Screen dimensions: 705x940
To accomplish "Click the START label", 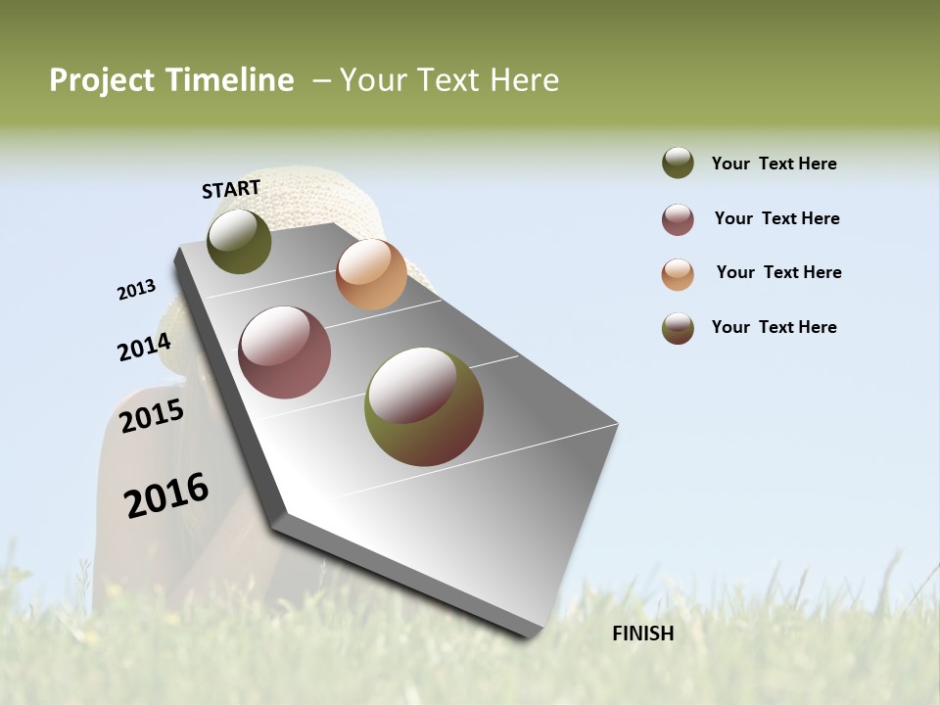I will click(231, 189).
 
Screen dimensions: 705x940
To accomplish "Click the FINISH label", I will click(642, 634).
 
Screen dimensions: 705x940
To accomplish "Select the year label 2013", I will click(136, 290).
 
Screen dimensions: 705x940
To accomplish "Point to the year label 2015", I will click(152, 416).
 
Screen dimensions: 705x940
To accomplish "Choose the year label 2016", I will click(166, 495).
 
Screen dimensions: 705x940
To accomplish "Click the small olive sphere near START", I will click(239, 241).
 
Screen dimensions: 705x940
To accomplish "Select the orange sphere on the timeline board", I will click(371, 274).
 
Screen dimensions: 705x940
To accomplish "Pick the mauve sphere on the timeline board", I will click(285, 352).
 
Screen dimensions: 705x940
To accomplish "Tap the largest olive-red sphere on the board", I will click(424, 406).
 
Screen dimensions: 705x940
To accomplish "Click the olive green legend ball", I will click(678, 164).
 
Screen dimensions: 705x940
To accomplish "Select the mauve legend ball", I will click(678, 219).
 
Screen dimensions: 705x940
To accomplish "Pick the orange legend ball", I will click(678, 274).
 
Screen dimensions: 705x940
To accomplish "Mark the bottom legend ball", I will click(678, 328).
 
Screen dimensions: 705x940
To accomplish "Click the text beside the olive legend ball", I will click(774, 164).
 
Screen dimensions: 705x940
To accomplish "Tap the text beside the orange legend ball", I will click(778, 272).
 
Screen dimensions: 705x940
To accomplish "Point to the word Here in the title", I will click(524, 80).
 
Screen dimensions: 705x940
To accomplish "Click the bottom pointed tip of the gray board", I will click(530, 635).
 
